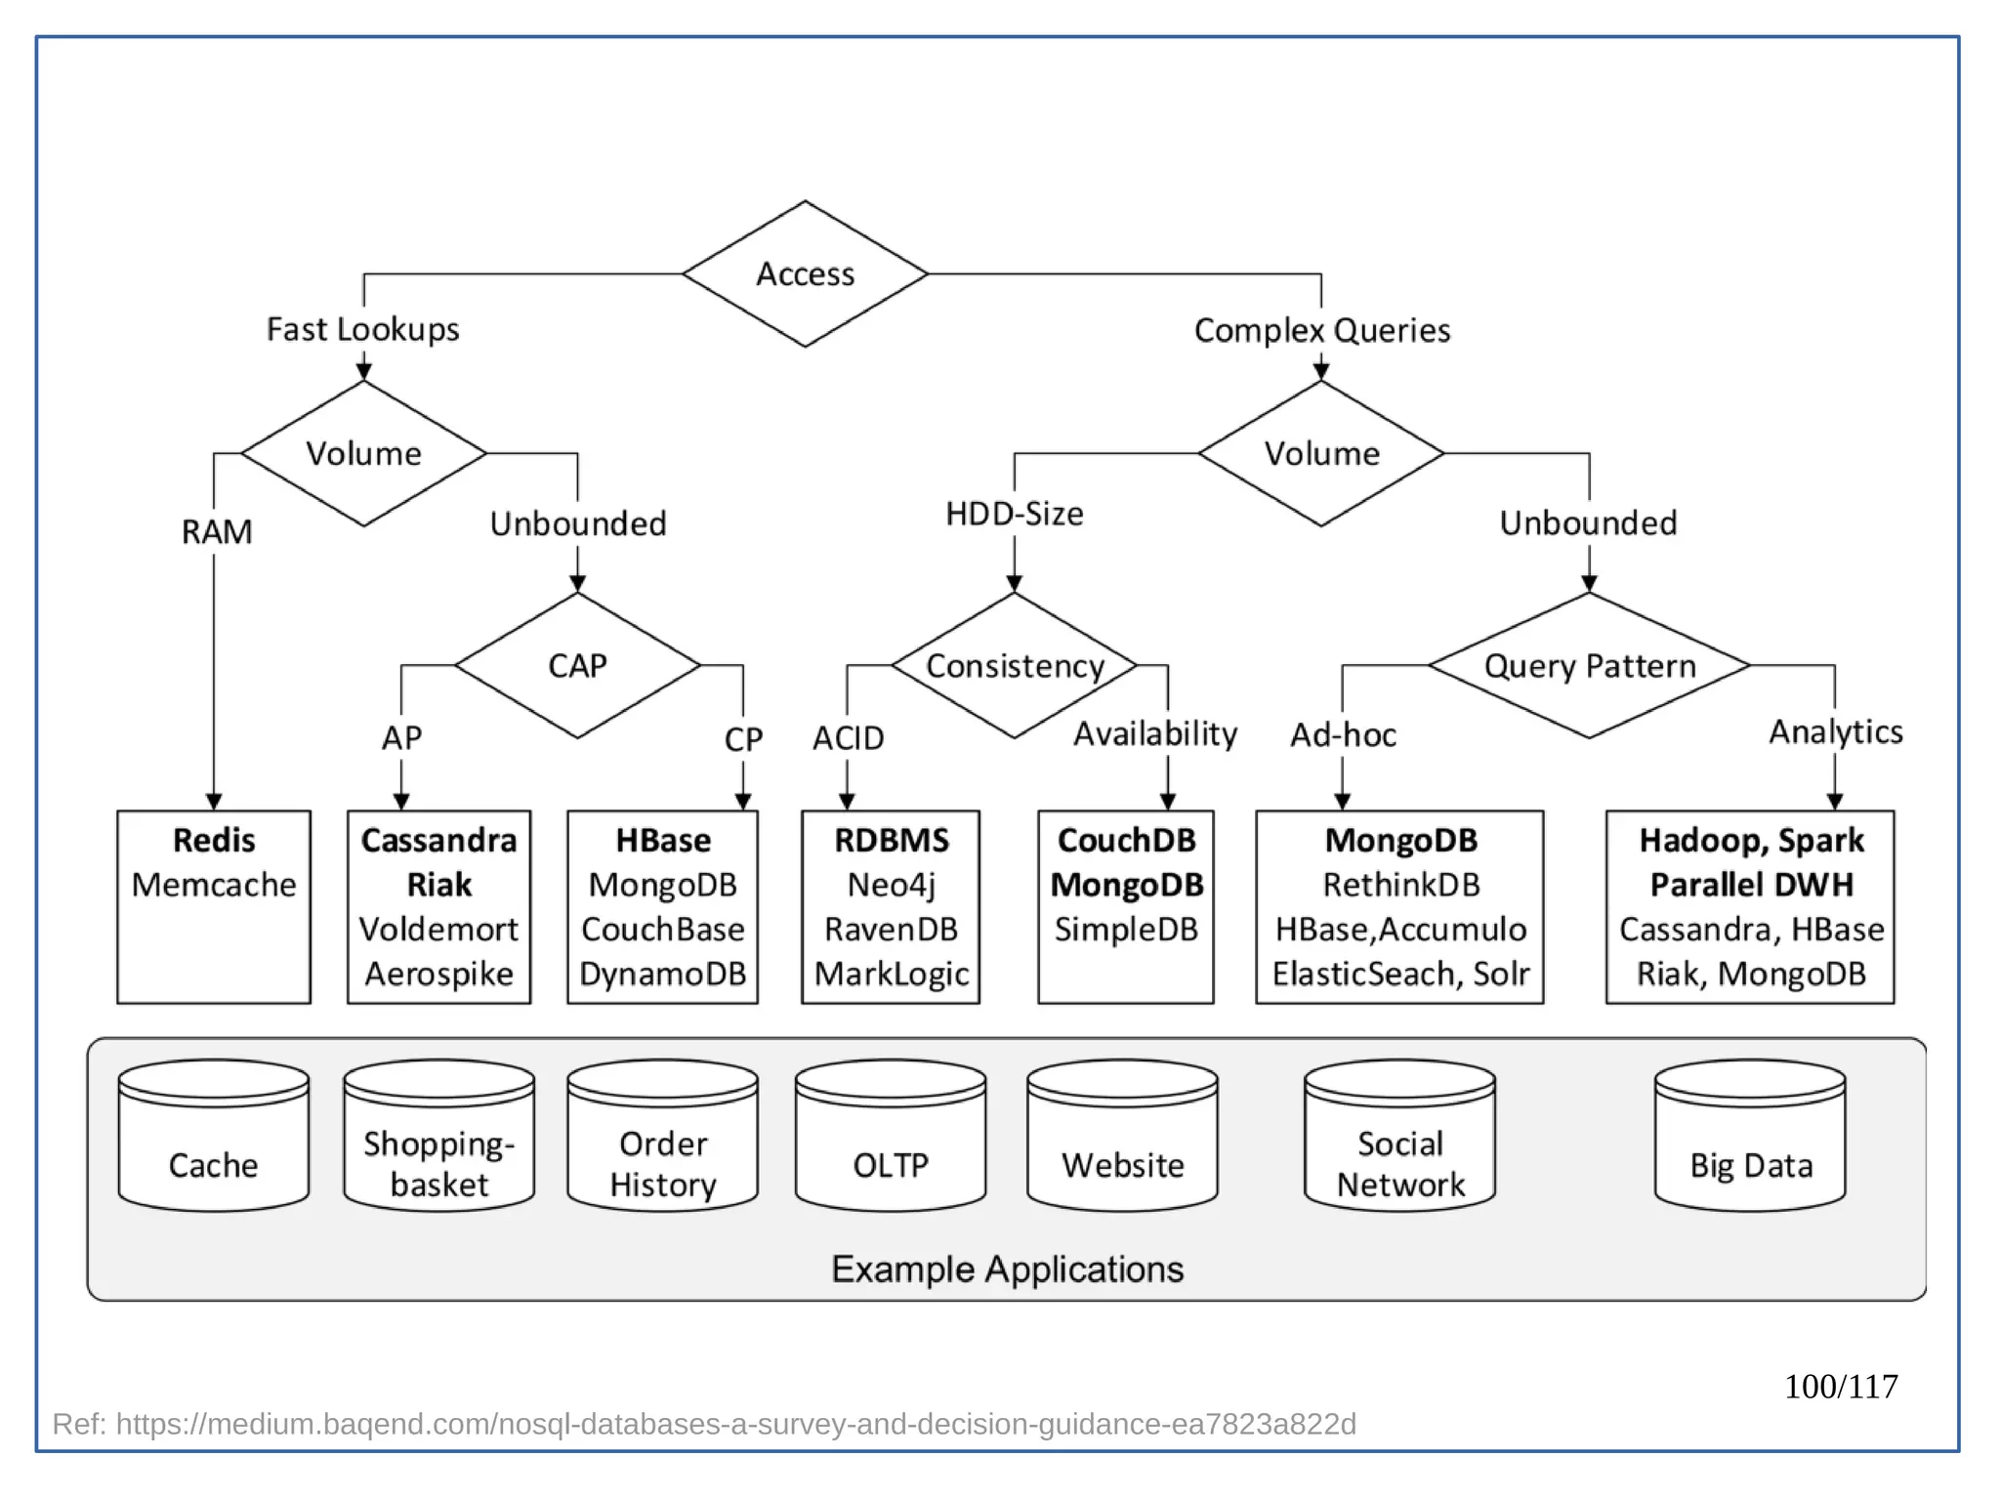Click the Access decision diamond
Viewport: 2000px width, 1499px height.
805,274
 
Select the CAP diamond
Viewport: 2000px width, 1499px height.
577,666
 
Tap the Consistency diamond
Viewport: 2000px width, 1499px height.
1015,666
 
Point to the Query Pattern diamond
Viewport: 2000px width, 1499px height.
1589,666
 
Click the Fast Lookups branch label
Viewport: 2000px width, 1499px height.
362,330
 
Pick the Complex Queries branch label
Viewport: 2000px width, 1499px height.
1321,331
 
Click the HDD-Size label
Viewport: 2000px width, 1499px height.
1015,514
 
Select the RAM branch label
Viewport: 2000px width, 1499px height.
217,532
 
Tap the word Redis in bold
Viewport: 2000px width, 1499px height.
214,841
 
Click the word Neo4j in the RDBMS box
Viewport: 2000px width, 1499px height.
891,885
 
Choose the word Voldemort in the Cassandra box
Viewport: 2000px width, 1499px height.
438,930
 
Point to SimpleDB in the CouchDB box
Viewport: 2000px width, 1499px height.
1126,930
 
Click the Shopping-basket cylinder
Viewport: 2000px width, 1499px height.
438,1138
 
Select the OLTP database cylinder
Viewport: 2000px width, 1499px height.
890,1138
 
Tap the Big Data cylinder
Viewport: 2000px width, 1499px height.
1750,1138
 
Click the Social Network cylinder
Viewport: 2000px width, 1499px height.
1399,1138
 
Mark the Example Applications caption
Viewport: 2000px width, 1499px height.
1007,1270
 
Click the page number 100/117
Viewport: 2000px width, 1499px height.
1841,1387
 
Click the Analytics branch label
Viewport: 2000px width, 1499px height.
1836,731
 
